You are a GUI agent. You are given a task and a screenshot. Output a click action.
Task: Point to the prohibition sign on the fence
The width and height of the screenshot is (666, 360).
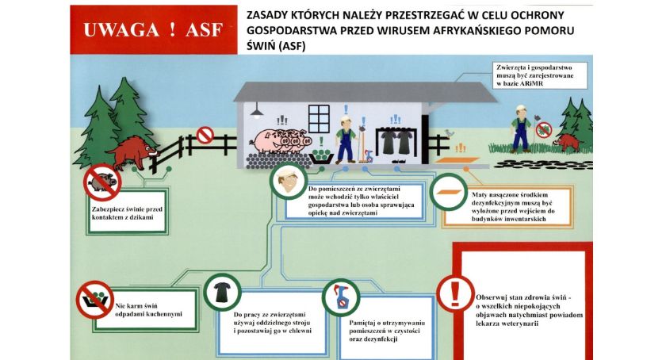pyautogui.click(x=205, y=136)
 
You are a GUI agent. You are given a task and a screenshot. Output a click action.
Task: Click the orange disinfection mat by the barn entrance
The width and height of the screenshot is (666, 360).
pyautogui.click(x=448, y=192)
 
